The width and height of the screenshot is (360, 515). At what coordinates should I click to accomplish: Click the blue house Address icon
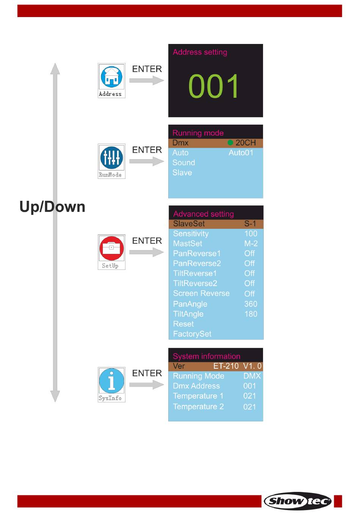tap(111, 77)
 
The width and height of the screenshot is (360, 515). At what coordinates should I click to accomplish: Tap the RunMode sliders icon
tap(111, 158)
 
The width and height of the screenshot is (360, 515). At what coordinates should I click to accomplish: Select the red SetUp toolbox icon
tap(111, 248)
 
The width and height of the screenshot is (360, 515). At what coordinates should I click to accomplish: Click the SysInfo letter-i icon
tap(111, 381)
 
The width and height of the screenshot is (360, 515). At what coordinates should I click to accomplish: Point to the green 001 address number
tap(214, 86)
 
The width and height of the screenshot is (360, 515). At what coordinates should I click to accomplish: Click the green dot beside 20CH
tap(230, 143)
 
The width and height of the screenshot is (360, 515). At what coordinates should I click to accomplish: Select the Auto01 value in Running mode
tap(241, 153)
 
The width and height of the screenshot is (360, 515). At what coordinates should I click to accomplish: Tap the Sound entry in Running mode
tap(184, 163)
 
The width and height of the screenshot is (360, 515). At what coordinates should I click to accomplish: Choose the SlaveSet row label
tap(189, 224)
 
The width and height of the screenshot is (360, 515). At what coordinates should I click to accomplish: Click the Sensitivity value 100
tap(250, 233)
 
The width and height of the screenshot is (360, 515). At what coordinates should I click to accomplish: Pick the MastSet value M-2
tap(251, 243)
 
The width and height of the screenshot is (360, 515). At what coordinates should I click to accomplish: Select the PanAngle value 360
tap(250, 304)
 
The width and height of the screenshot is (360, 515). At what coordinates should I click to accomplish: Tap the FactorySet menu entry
tap(192, 334)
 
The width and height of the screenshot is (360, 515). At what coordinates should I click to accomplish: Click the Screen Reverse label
tap(201, 293)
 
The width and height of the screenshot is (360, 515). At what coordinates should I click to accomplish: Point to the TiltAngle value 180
tap(251, 314)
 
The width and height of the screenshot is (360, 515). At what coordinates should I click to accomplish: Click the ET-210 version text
tap(226, 366)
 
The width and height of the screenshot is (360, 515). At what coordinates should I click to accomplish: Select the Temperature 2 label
tap(199, 407)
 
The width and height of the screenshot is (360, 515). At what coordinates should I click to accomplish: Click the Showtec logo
tap(298, 501)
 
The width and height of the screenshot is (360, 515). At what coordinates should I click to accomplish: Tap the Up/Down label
tap(52, 207)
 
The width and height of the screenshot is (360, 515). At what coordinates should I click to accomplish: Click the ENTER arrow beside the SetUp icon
tap(147, 252)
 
